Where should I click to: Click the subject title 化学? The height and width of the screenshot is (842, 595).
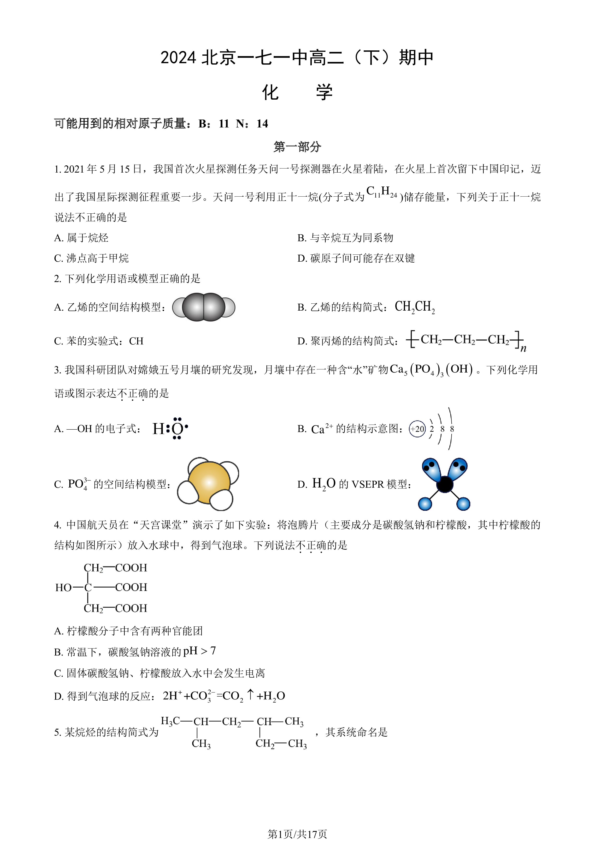point(297,92)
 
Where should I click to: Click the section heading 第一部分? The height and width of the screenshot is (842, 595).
point(297,147)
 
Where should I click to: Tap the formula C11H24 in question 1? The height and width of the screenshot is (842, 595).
point(382,192)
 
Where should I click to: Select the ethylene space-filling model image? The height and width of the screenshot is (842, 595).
point(204,307)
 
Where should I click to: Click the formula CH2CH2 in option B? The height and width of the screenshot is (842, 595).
point(415,307)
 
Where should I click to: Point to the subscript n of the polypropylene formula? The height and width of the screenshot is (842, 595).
point(523,348)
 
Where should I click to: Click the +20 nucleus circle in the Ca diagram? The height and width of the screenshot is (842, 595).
point(417,429)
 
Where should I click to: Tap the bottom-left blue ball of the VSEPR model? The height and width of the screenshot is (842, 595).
point(425,504)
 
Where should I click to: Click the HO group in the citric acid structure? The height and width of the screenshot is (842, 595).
point(63,588)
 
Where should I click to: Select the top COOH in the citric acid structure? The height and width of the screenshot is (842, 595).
point(131,568)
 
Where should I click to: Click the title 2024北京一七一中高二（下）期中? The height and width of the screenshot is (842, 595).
point(297,58)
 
